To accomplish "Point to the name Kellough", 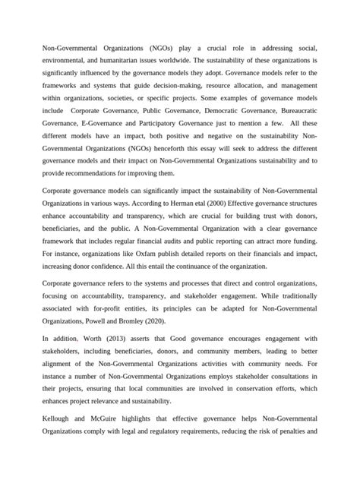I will pos(56,418).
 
